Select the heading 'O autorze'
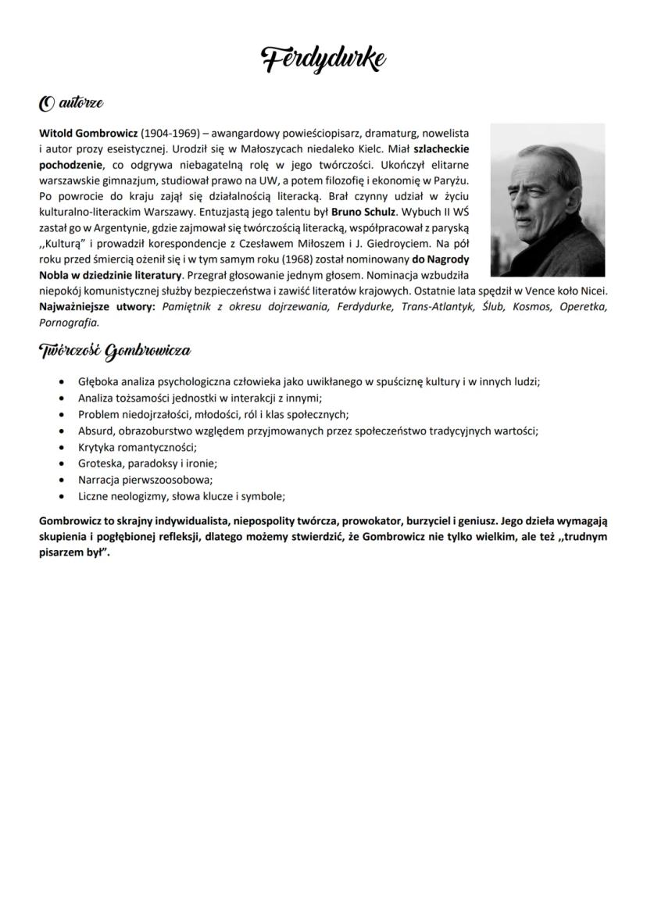tap(71, 102)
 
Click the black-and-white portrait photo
tap(547, 199)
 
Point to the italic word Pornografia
tap(69, 321)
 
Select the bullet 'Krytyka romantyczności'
tap(137, 447)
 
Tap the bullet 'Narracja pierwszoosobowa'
tap(145, 480)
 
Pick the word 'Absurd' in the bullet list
tap(95, 431)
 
